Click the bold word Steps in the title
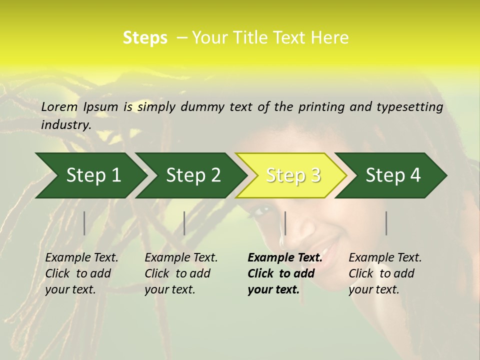click(145, 38)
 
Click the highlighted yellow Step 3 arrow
click(293, 175)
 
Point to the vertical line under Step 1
click(84, 223)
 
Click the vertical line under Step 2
click(184, 223)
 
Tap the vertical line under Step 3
click(285, 223)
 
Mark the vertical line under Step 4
click(386, 223)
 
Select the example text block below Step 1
click(81, 273)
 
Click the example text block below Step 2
click(181, 273)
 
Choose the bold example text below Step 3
click(285, 273)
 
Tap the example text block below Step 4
click(385, 273)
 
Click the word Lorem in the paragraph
click(59, 106)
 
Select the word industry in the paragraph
click(65, 124)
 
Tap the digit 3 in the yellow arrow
click(314, 175)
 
